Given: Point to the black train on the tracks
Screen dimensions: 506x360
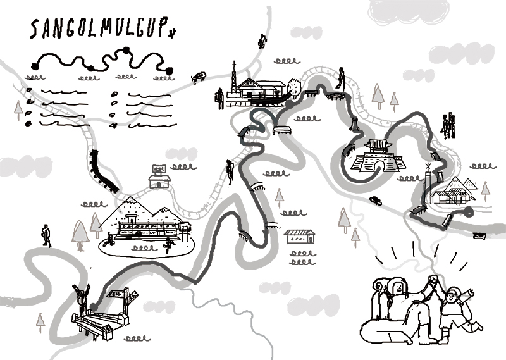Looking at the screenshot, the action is (104, 171).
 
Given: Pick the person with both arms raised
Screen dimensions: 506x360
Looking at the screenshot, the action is (82, 297).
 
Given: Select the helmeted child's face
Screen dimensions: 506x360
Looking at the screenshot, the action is (450, 297).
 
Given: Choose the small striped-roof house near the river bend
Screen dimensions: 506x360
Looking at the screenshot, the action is (300, 237).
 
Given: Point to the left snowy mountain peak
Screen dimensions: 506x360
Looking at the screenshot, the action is (132, 204).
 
